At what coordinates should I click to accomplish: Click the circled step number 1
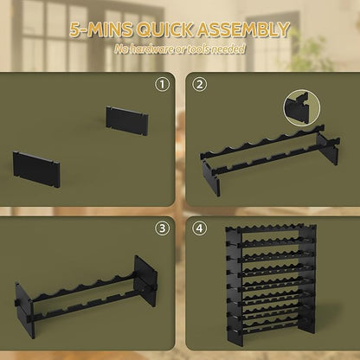pos(163,85)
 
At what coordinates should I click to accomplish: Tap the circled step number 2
pos(200,85)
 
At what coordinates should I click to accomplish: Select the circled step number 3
pos(163,228)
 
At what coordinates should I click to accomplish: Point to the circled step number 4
pos(200,228)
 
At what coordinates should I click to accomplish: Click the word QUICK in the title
pos(164,29)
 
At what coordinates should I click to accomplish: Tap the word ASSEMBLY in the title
pos(242,29)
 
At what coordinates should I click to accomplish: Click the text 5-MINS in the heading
pos(101,29)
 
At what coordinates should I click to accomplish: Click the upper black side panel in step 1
pos(127,121)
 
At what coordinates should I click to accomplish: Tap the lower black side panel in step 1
pos(36,170)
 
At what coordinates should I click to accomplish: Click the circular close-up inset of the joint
pos(302,108)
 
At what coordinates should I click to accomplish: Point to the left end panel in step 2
pos(210,178)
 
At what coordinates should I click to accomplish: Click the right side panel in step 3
pos(145,281)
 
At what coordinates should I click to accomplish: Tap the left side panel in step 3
pos(24,310)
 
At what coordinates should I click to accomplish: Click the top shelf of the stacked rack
pos(264,228)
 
